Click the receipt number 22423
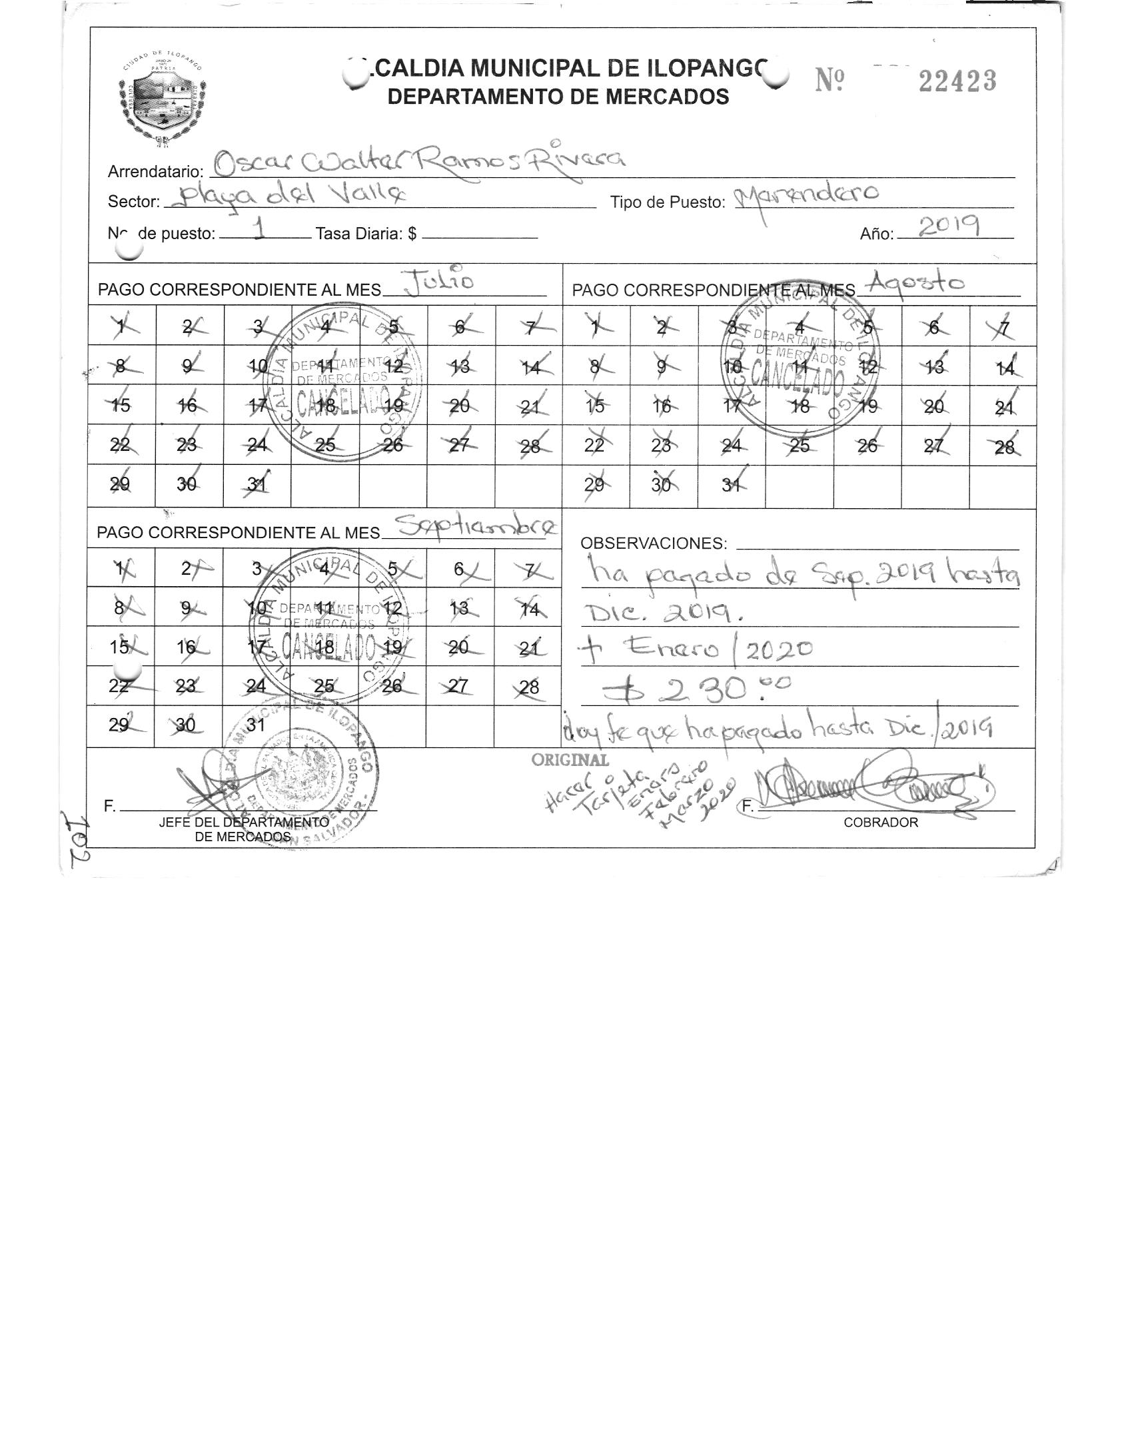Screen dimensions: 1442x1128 [957, 81]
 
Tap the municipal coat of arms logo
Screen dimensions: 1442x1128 [162, 98]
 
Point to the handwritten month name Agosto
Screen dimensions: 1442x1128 [917, 284]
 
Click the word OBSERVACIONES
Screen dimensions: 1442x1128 [653, 543]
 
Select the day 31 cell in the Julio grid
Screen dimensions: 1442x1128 [257, 486]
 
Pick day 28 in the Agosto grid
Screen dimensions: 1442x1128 [1003, 446]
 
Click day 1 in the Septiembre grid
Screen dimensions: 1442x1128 [121, 568]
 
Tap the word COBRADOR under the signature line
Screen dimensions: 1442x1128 [880, 823]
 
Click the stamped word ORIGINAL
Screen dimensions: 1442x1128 [570, 760]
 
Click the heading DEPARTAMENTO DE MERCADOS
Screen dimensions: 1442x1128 [558, 97]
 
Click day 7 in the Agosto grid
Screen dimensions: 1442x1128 [1003, 328]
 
